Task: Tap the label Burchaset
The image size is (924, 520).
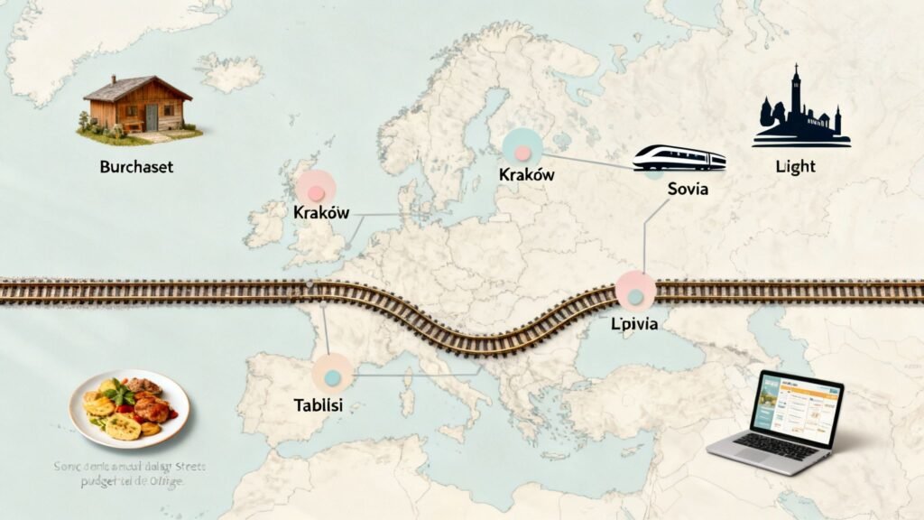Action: coord(137,167)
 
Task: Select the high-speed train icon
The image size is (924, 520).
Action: coord(679,158)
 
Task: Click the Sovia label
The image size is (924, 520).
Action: coord(688,190)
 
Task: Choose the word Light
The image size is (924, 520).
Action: coord(795,167)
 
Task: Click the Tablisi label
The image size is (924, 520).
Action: coord(319,405)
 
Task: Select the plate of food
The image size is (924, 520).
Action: coord(129,407)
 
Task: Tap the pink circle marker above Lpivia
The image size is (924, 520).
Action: coord(634,290)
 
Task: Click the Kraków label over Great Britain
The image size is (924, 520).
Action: coord(321,213)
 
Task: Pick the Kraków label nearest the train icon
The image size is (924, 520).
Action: coord(526,175)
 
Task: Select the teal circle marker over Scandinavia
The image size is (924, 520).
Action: coord(522,146)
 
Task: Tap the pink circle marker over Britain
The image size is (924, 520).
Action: coord(316,188)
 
